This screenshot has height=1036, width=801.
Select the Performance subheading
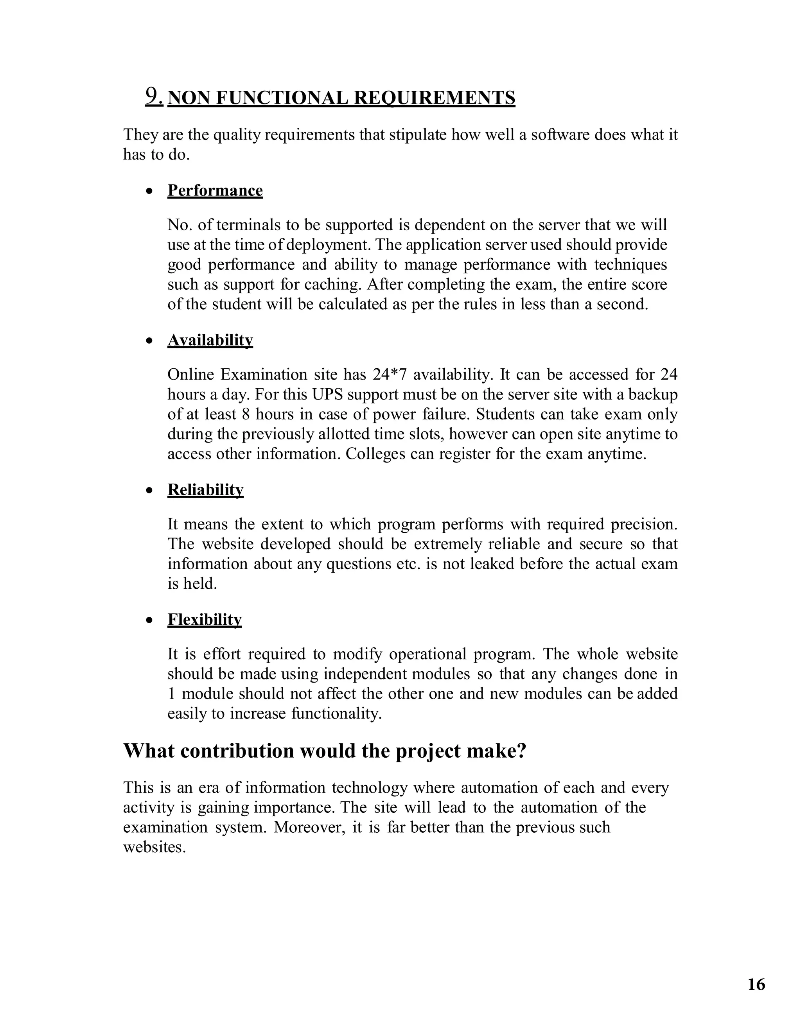tap(215, 191)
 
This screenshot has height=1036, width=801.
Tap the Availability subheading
tap(210, 340)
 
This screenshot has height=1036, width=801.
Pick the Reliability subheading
tap(205, 489)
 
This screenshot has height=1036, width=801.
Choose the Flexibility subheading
tap(204, 620)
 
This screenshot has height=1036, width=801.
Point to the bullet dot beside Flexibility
tap(149, 620)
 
